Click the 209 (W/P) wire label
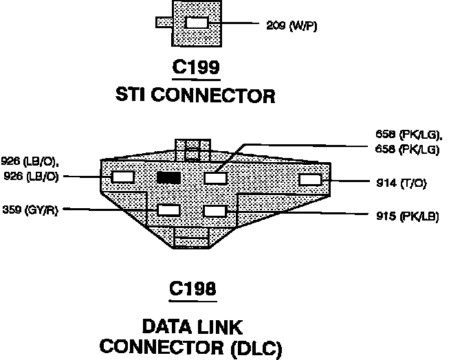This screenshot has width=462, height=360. (x=291, y=26)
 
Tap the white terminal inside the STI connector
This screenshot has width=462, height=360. (x=197, y=23)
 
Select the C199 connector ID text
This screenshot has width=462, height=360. (x=196, y=67)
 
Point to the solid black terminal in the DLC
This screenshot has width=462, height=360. (x=168, y=178)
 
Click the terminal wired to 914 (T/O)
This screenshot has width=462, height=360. (x=310, y=179)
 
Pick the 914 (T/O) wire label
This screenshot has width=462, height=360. (x=401, y=183)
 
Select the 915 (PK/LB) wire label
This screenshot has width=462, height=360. (x=408, y=216)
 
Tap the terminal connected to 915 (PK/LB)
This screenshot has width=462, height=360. (x=215, y=211)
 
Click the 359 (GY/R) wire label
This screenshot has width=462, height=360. (x=30, y=210)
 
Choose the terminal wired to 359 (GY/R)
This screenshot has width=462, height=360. (x=169, y=210)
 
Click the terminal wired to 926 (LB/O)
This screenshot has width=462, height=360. (x=123, y=177)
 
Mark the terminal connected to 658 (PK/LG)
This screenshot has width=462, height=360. (x=215, y=178)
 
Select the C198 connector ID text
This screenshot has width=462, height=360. (x=192, y=288)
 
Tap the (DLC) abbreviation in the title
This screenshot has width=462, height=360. (x=256, y=348)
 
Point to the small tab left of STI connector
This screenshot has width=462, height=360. (x=164, y=23)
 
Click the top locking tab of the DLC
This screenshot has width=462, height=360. (x=192, y=150)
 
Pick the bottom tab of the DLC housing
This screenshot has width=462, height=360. (x=192, y=237)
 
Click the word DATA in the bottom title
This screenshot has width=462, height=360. (x=166, y=327)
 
